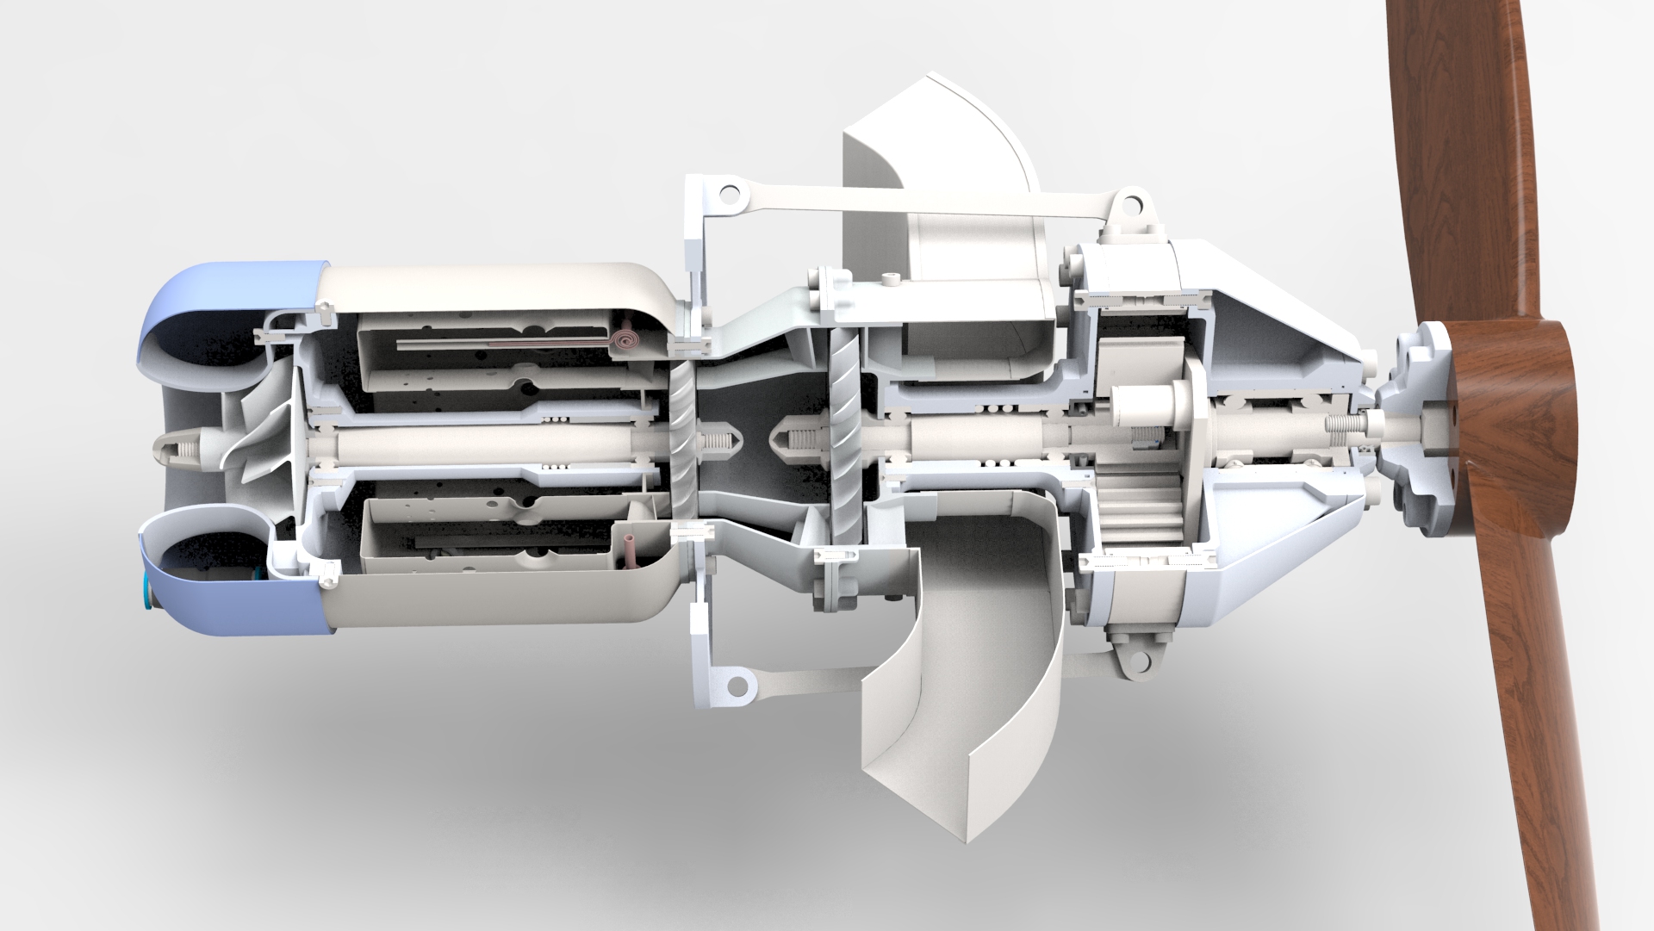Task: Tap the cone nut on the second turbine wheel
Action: point(797,442)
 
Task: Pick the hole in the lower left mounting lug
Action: point(737,685)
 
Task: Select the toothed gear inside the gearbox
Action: point(1137,509)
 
